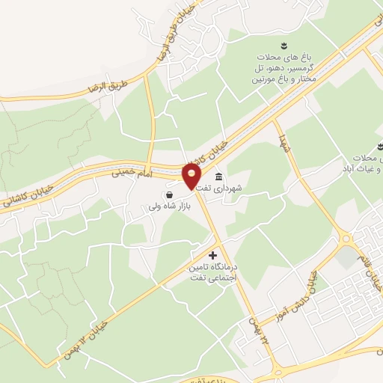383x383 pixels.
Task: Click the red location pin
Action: click(x=191, y=177)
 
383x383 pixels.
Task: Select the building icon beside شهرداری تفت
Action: click(x=218, y=177)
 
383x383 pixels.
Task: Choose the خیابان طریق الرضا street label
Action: click(x=168, y=35)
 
